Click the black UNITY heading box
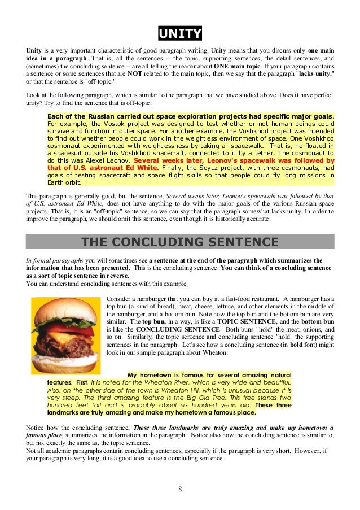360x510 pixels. (179, 34)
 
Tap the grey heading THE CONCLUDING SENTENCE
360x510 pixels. (179, 242)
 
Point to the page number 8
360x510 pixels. (179, 489)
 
